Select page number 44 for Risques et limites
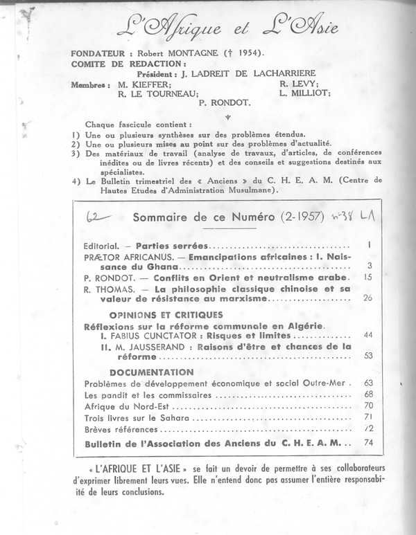point(368,335)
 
